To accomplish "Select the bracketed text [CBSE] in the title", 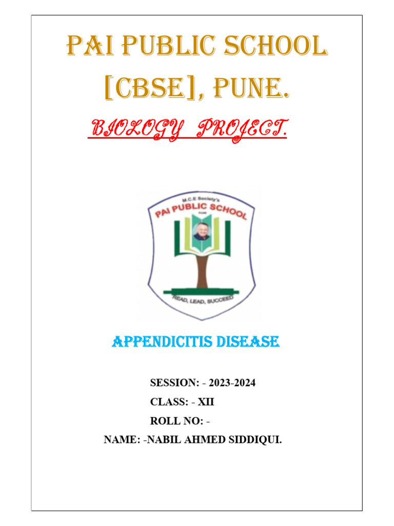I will pos(147,91).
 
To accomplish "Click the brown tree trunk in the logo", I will pos(202,270).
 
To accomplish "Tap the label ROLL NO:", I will pos(175,421).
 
